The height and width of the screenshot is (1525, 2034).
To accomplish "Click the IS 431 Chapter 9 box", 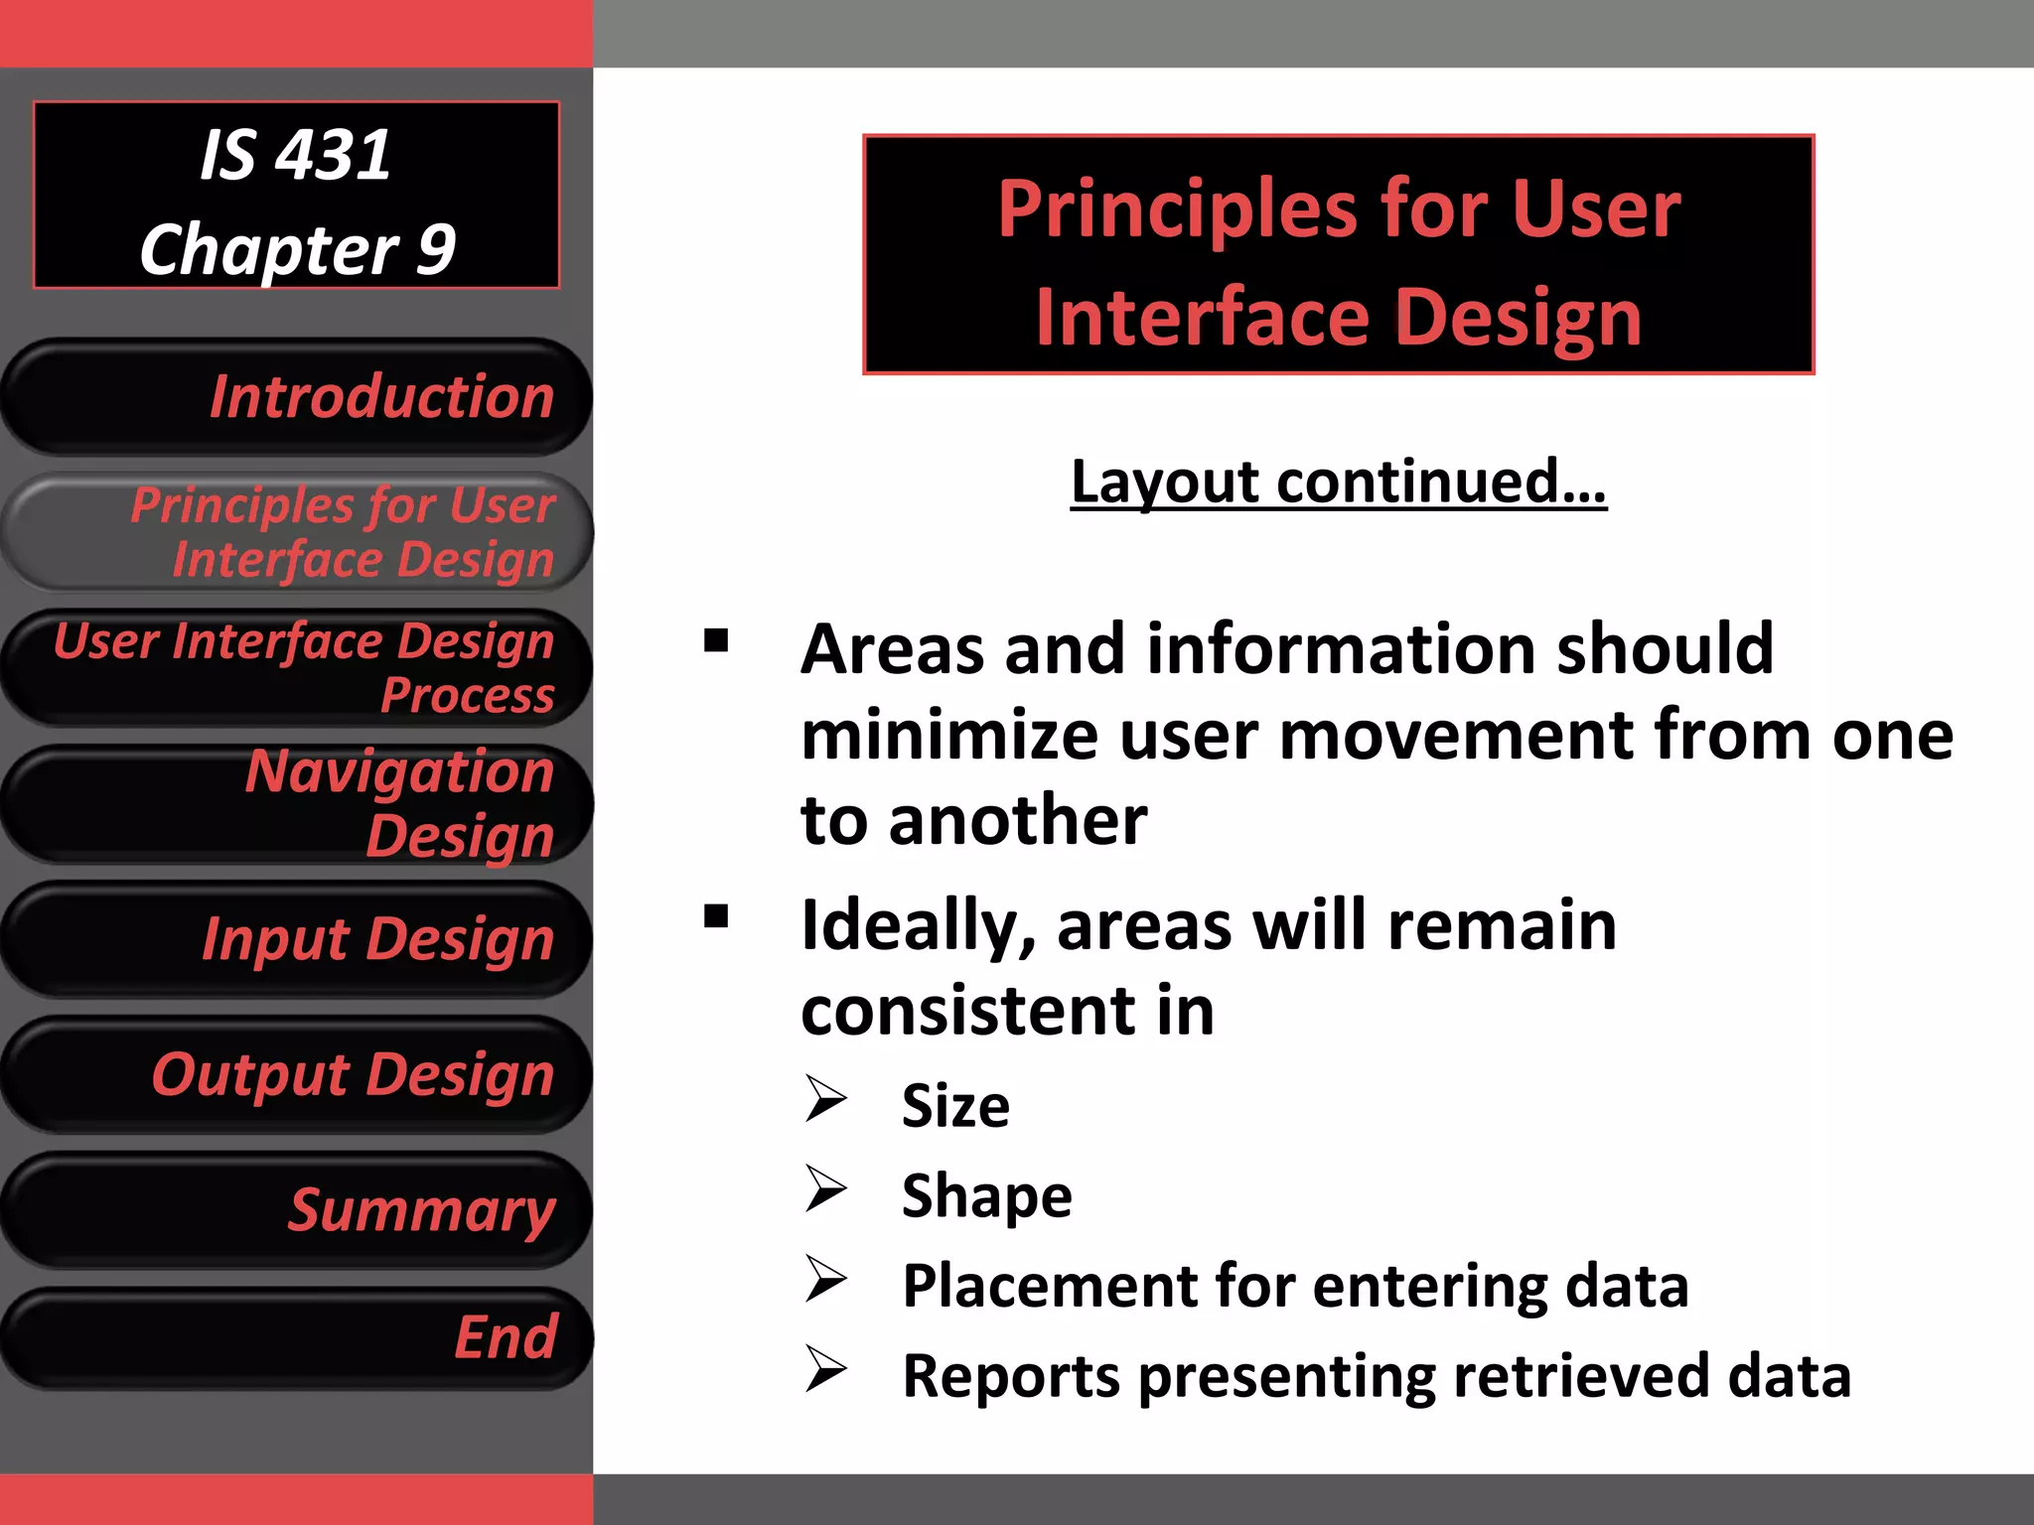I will pos(296,196).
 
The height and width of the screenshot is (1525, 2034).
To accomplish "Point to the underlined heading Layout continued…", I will pos(1338,483).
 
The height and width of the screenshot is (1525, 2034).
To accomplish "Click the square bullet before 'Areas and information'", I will pos(716,641).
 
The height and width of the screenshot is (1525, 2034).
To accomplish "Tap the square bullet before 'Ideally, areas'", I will pos(716,915).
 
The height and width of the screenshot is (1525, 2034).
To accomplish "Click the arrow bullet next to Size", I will pos(825,1099).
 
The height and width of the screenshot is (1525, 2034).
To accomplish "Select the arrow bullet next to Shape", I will pos(825,1188).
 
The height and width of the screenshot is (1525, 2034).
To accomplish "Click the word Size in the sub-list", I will pos(955,1106).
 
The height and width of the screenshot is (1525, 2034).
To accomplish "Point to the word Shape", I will pos(986,1196).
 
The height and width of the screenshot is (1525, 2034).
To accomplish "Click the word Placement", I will pos(1049,1287).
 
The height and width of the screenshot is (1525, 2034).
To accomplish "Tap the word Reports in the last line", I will pos(1011,1377).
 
